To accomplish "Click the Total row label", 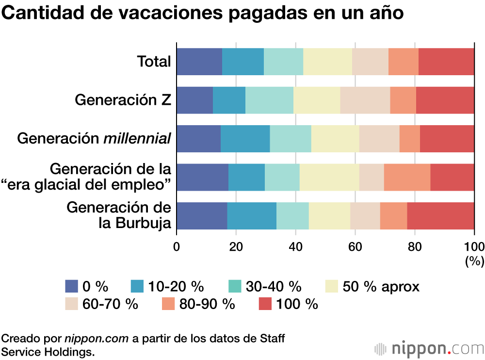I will [154, 62].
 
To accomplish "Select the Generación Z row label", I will [123, 100].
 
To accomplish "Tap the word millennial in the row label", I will [138, 139].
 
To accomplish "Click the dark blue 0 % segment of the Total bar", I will [199, 62].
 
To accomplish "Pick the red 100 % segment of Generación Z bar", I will [445, 100].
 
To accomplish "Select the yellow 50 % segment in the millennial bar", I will [335, 139].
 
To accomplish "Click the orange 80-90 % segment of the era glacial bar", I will [407, 177].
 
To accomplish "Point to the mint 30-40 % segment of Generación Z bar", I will [269, 100].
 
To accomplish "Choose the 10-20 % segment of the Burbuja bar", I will [251, 215].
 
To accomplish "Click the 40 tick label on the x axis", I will [295, 245].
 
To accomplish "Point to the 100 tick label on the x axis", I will [474, 245].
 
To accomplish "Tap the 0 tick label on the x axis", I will [177, 245].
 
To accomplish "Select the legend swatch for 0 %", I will [71, 287].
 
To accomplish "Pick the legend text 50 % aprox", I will [381, 287].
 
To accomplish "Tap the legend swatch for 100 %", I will [265, 304].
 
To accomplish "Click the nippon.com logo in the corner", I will [430, 348].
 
